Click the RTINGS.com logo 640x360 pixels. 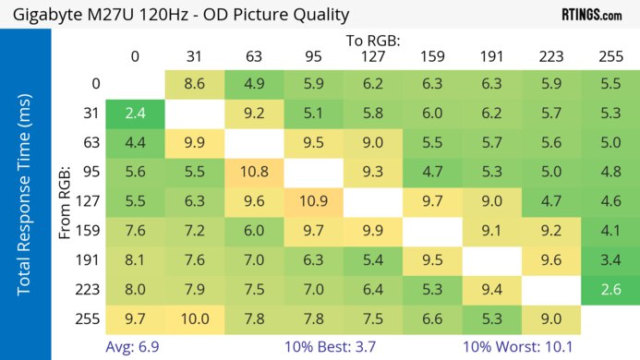(x=591, y=15)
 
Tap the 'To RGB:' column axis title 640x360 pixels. (x=372, y=41)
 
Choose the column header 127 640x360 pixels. (x=372, y=57)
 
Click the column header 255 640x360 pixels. (x=610, y=57)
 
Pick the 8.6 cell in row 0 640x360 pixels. (x=194, y=83)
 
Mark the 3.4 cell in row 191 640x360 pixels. (x=610, y=261)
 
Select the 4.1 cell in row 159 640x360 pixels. (x=610, y=232)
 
